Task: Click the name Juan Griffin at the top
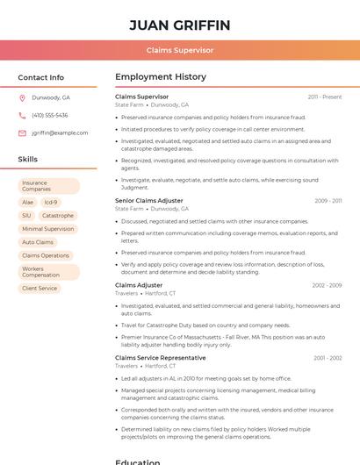click(x=179, y=25)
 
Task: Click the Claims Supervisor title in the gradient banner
click(x=179, y=50)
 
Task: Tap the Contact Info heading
click(x=40, y=77)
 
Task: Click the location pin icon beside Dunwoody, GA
click(x=22, y=97)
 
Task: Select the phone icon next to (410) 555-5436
click(x=22, y=115)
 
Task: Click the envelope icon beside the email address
click(x=22, y=133)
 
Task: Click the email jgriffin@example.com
click(x=61, y=133)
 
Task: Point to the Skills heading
click(x=28, y=160)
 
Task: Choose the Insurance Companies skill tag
click(x=48, y=186)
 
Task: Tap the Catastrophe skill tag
click(x=58, y=215)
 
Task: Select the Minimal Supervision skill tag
click(x=48, y=229)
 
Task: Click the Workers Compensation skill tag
click(x=48, y=272)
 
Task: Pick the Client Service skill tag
click(x=40, y=288)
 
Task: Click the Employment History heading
click(x=160, y=77)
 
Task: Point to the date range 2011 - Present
click(x=325, y=97)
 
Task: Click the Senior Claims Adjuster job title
click(x=149, y=201)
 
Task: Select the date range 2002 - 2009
click(x=326, y=285)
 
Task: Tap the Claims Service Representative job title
click(x=161, y=358)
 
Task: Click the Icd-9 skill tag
click(x=50, y=202)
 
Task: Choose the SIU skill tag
click(x=26, y=215)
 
